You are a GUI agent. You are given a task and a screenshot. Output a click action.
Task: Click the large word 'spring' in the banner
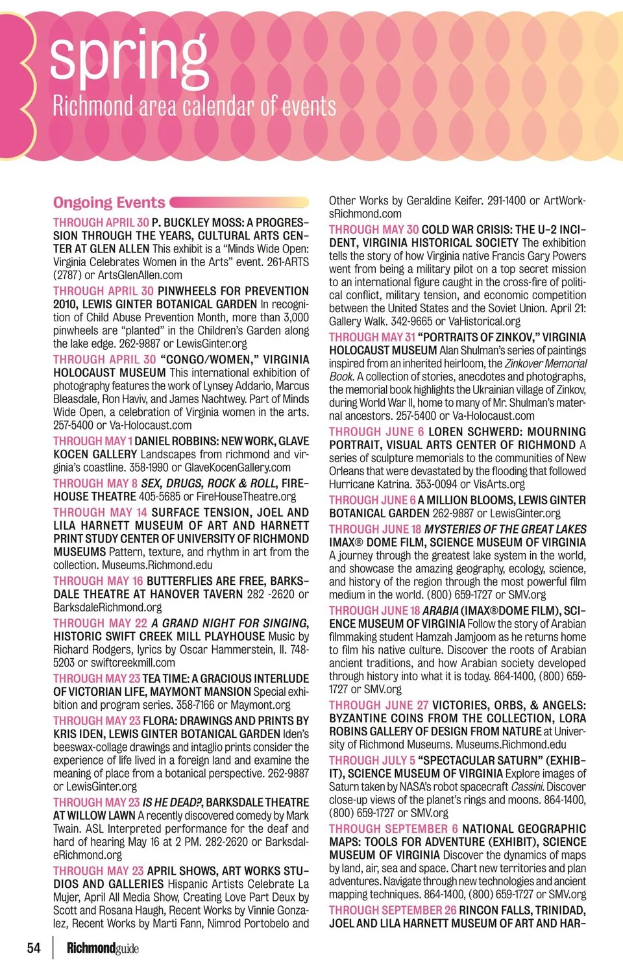pos(129,57)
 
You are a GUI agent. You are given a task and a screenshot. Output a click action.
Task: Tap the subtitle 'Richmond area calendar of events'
pos(194,106)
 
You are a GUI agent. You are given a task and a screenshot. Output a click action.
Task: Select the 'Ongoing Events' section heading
pos(109,203)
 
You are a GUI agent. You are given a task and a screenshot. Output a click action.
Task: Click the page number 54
pos(34,948)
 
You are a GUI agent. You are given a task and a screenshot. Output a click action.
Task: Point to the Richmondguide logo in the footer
pos(103,948)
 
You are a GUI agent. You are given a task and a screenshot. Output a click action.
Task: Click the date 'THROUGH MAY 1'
pos(93,441)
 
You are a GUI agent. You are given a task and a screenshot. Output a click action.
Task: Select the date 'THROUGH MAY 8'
pos(95,484)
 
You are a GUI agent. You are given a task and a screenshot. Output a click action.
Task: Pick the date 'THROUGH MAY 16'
pos(98,581)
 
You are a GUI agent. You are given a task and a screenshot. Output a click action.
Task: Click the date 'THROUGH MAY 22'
pos(100,623)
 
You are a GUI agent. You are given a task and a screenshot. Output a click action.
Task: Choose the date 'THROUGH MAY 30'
pos(374,230)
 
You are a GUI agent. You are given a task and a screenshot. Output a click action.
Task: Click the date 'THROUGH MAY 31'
pos(372,338)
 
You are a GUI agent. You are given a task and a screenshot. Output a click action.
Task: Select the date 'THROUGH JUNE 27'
pos(378,706)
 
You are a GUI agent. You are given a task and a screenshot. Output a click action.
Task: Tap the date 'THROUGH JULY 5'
pos(372,760)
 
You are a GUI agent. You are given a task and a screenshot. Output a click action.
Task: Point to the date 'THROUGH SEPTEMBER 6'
pos(393,829)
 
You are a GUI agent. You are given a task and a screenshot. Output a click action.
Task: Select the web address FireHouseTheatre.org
pos(246,497)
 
